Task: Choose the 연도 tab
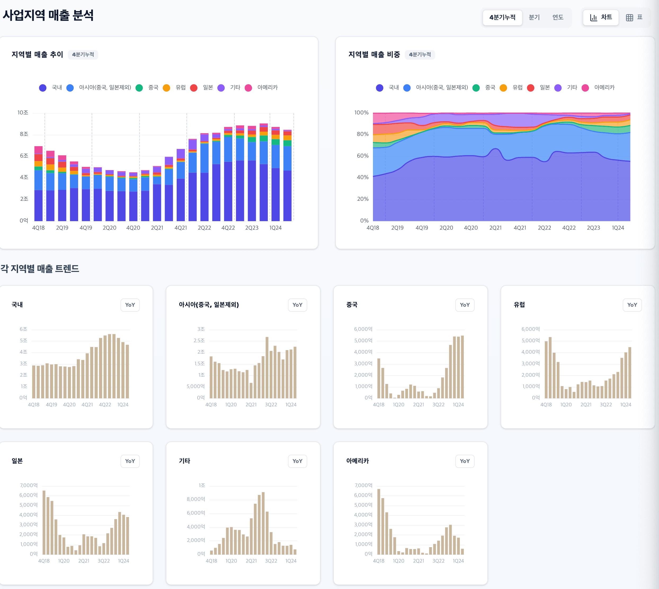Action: [x=558, y=17]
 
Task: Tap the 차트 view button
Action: [x=601, y=17]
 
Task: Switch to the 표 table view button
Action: [x=634, y=17]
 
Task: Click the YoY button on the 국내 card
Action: [x=130, y=305]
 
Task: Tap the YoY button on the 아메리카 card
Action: [x=465, y=461]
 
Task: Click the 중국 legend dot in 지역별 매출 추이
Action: [x=139, y=88]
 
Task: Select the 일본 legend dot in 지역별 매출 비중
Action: [x=531, y=88]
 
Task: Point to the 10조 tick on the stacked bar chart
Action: [x=23, y=113]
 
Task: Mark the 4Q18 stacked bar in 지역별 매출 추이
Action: [x=38, y=184]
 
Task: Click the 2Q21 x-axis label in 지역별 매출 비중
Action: [x=495, y=228]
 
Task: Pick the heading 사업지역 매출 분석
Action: [x=48, y=15]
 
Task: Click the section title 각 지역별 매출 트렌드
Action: [x=40, y=269]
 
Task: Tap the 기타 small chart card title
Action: [x=185, y=461]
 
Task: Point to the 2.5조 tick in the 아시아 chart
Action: [x=199, y=341]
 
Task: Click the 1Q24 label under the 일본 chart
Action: [x=123, y=561]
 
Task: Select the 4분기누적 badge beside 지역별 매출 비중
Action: [x=420, y=55]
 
